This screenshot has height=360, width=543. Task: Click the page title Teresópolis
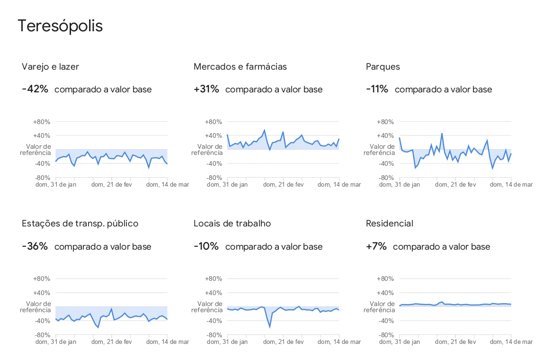click(x=60, y=26)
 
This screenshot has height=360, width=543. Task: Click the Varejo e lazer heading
click(x=50, y=67)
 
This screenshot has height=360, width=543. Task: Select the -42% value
click(x=35, y=89)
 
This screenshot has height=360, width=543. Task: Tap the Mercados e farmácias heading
click(x=240, y=67)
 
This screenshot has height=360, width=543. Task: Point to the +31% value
click(x=206, y=89)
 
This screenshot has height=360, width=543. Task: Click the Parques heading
click(x=383, y=67)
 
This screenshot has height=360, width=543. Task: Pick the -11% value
click(x=377, y=89)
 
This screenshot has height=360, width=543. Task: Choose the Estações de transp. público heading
click(x=80, y=224)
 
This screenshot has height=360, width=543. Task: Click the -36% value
click(x=35, y=246)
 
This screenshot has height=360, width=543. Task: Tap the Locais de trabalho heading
click(x=232, y=224)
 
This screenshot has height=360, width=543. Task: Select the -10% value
click(x=206, y=246)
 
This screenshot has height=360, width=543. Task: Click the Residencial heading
click(x=390, y=224)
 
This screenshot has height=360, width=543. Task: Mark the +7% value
click(x=376, y=246)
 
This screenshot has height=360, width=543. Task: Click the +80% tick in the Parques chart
click(x=385, y=122)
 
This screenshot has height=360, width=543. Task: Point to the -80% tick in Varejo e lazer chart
click(x=42, y=178)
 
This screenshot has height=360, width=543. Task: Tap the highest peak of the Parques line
click(x=442, y=134)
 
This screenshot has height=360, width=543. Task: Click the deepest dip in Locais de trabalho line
click(x=270, y=327)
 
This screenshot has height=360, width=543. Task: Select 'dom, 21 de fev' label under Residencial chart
click(x=455, y=342)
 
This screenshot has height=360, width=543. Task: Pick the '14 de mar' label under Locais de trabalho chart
click(x=339, y=342)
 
